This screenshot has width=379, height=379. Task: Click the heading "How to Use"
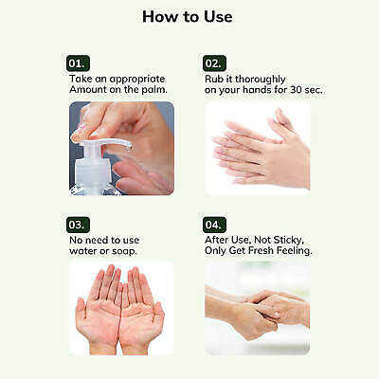[187, 17]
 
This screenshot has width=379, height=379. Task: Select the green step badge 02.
[215, 62]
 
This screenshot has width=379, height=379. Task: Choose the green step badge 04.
[215, 224]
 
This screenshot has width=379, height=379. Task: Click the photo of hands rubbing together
[257, 147]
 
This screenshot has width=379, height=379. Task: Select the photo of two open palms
[120, 308]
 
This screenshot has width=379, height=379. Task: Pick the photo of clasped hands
[257, 308]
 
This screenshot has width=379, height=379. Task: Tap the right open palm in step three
[142, 308]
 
